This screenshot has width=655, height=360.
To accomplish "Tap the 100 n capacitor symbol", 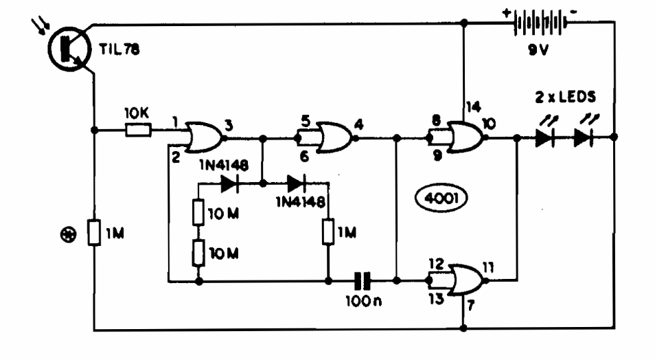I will pyautogui.click(x=361, y=280).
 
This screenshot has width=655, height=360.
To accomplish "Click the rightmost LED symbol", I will pyautogui.click(x=584, y=137).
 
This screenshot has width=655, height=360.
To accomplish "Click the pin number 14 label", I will pyautogui.click(x=474, y=106).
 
